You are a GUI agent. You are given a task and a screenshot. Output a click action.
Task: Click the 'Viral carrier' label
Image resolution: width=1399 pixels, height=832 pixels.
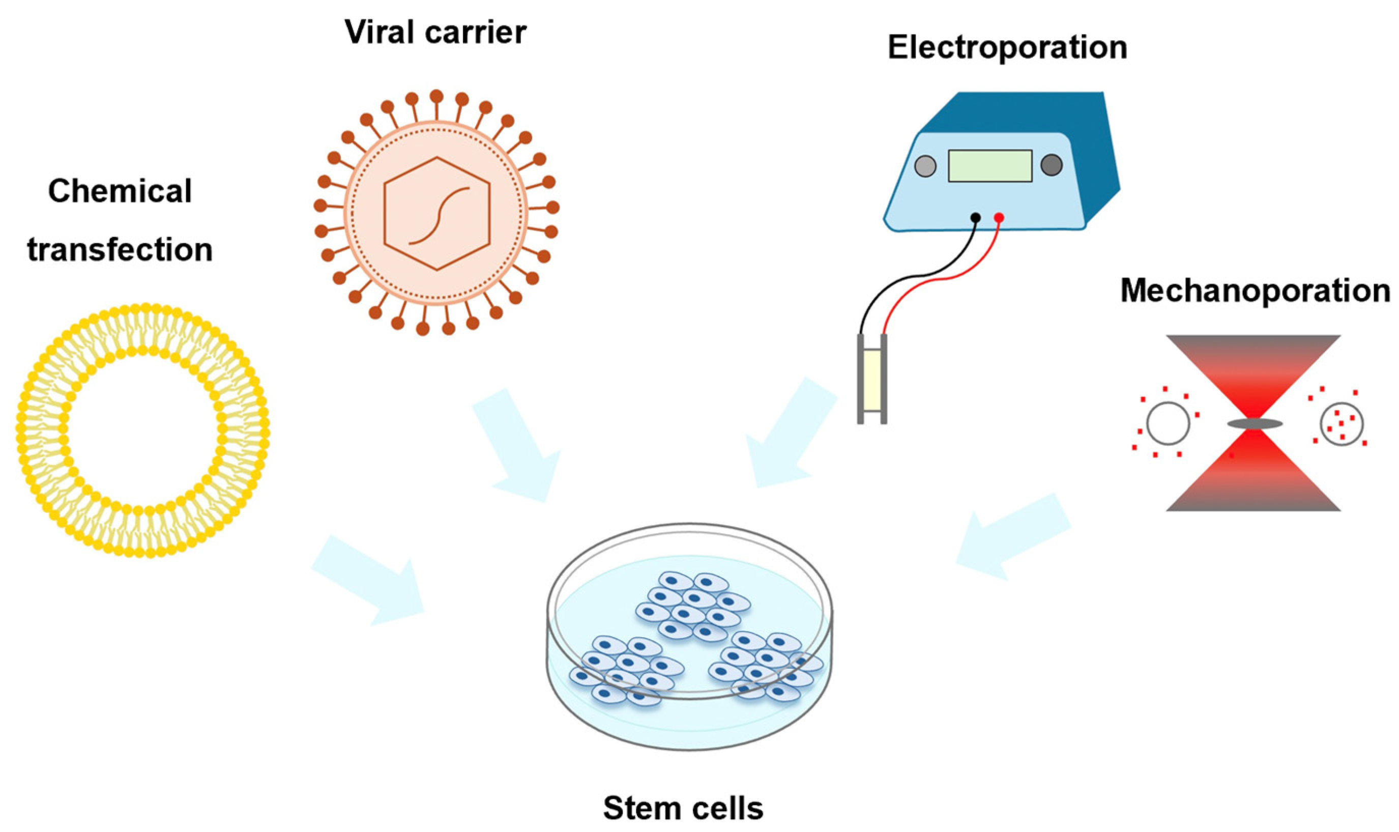pyautogui.click(x=435, y=32)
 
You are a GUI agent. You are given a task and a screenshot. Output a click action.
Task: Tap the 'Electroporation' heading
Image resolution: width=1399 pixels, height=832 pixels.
pyautogui.click(x=1007, y=47)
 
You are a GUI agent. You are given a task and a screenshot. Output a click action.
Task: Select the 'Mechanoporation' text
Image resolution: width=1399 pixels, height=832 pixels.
pyautogui.click(x=1255, y=292)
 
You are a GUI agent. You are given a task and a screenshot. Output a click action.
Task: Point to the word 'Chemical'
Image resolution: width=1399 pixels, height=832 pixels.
pyautogui.click(x=120, y=191)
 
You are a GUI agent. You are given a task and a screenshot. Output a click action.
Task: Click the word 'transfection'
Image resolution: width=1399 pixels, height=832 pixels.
pyautogui.click(x=120, y=250)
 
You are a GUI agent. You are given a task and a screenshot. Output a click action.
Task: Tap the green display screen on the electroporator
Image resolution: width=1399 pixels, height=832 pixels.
pyautogui.click(x=990, y=166)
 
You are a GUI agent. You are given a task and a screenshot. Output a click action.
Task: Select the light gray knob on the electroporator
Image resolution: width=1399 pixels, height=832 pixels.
pyautogui.click(x=925, y=166)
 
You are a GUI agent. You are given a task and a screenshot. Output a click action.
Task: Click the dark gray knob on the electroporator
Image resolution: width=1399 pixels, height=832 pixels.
pyautogui.click(x=1052, y=165)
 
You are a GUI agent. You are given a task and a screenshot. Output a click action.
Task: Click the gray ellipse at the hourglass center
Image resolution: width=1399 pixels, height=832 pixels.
pyautogui.click(x=1255, y=424)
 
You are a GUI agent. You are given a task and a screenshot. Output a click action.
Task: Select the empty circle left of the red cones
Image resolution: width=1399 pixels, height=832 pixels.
pyautogui.click(x=1168, y=424)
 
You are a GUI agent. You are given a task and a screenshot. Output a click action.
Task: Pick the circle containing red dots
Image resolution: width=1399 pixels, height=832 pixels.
pyautogui.click(x=1342, y=424)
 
